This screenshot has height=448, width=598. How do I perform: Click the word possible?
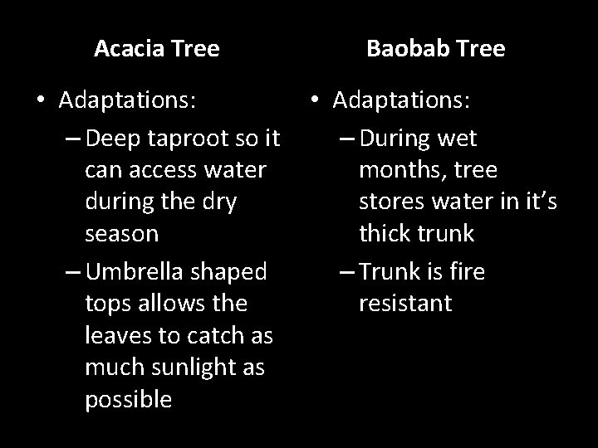(128, 400)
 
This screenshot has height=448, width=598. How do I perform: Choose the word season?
(121, 233)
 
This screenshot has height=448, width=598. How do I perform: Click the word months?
(398, 170)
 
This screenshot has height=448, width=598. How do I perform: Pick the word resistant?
(405, 303)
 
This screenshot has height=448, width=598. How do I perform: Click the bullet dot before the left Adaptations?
(41, 101)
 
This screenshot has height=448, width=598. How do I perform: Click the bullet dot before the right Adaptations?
(315, 101)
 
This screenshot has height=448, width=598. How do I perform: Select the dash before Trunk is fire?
(346, 271)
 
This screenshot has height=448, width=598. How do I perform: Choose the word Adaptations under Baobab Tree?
(402, 101)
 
